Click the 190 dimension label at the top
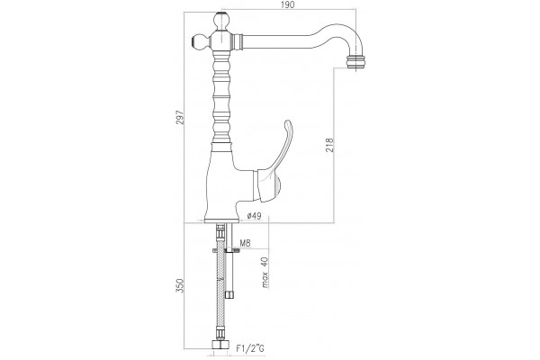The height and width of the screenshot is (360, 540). [288, 4]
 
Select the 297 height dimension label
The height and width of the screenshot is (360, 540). [181, 117]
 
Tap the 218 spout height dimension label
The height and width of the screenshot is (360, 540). [329, 145]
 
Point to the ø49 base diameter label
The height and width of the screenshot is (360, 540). [254, 216]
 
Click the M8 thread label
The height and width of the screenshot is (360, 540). [245, 244]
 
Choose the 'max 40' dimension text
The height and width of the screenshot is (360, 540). [265, 272]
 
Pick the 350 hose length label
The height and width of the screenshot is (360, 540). [180, 285]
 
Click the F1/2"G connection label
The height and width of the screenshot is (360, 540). [250, 348]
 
